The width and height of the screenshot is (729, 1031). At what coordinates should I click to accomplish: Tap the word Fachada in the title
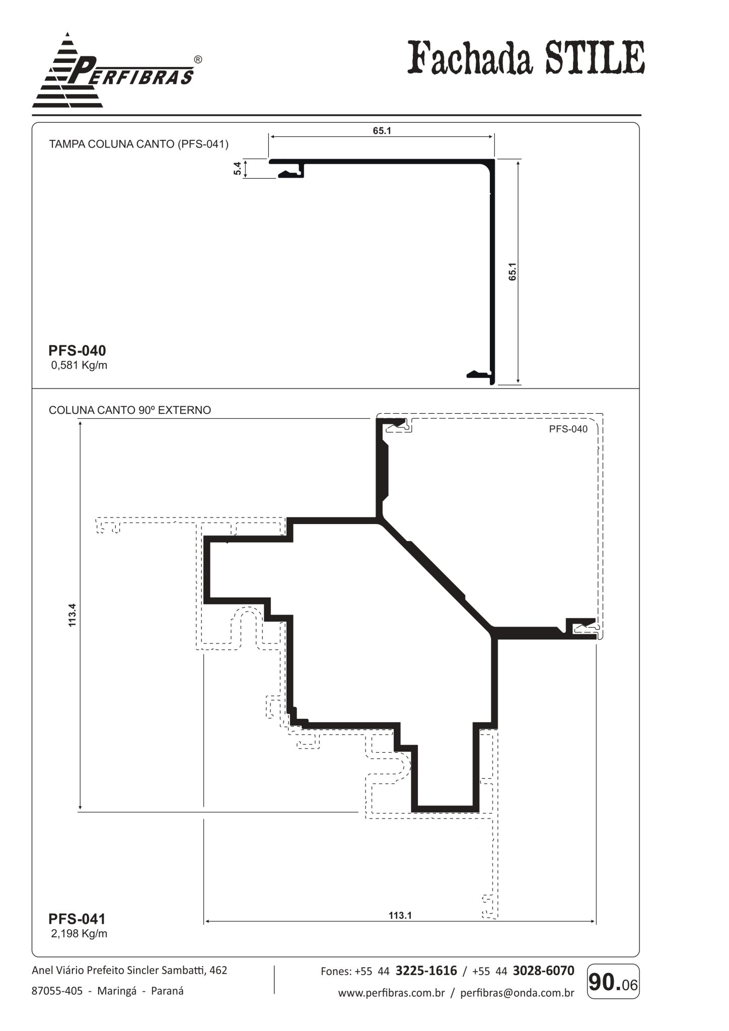(x=470, y=58)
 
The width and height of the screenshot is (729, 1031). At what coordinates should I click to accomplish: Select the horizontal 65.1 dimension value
(x=382, y=131)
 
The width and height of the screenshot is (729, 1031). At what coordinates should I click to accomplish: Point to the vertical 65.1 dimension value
(x=513, y=272)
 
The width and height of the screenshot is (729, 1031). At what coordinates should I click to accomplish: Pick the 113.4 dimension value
(x=72, y=615)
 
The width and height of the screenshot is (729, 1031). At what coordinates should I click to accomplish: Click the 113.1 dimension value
(x=400, y=915)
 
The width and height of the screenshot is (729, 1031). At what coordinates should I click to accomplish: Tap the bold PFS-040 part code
(x=77, y=350)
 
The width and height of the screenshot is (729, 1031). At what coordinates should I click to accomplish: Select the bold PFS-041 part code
(x=77, y=919)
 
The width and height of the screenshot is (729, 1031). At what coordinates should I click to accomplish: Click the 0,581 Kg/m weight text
(x=79, y=365)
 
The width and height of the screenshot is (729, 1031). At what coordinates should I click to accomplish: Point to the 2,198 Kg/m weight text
(x=79, y=934)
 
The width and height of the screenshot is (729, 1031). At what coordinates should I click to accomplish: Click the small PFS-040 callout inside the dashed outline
(x=568, y=429)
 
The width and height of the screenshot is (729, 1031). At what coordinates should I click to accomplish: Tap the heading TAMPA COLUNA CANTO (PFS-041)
(x=138, y=144)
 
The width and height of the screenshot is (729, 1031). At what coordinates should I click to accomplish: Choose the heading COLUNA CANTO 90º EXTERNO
(x=130, y=410)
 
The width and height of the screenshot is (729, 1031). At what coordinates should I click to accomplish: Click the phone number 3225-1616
(x=426, y=971)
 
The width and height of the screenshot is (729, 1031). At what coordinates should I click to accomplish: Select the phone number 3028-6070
(x=543, y=971)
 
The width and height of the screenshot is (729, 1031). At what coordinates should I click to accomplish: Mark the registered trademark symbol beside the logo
(x=198, y=59)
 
